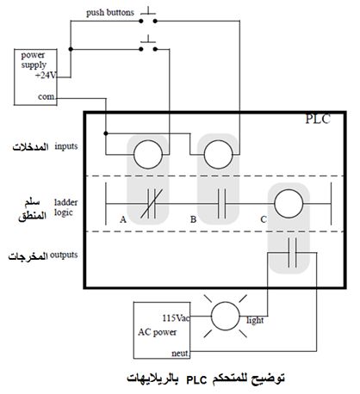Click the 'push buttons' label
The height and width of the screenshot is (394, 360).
[x=110, y=13]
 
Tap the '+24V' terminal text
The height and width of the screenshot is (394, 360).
[x=46, y=76]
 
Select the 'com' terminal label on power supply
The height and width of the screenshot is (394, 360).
[x=47, y=96]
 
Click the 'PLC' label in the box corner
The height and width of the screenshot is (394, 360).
[x=318, y=119]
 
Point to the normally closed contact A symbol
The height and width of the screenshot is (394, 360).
[x=152, y=204]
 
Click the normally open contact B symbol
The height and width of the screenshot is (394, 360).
[x=221, y=204]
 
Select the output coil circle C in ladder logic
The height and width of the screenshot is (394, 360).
[x=289, y=203]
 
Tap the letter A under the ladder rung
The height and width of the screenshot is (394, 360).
[x=123, y=219]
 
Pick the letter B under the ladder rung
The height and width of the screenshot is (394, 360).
[x=193, y=219]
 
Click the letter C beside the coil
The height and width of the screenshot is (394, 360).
[x=264, y=219]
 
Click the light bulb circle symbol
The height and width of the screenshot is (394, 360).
[x=226, y=316]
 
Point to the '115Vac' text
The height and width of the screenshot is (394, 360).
[x=176, y=318]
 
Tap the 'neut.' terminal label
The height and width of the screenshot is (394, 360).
[x=180, y=354]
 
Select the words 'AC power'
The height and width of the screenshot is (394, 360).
[x=158, y=332]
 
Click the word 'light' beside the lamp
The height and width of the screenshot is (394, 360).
[x=255, y=320]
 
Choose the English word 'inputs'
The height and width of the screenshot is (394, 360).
[x=66, y=146]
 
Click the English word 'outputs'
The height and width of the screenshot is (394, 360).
[x=64, y=255]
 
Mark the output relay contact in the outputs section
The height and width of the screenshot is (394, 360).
[x=292, y=253]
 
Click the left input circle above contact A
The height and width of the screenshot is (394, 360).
[x=148, y=155]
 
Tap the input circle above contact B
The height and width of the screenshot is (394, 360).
[x=218, y=155]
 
